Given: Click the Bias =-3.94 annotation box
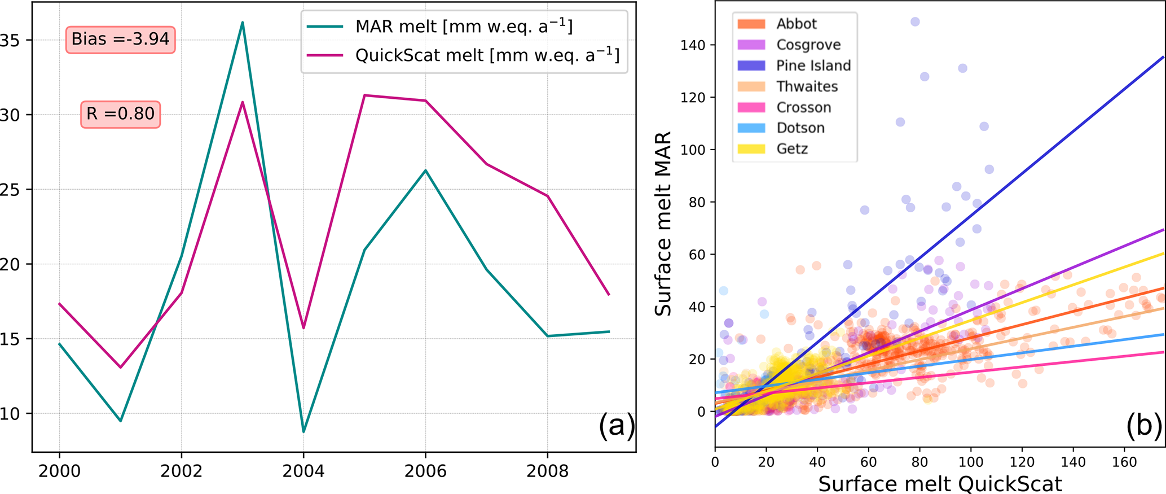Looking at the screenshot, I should pyautogui.click(x=120, y=39).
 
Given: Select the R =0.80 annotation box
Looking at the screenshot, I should pyautogui.click(x=120, y=114).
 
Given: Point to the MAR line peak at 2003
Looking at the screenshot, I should pyautogui.click(x=243, y=23).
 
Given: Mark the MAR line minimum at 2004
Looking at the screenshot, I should pyautogui.click(x=303, y=432).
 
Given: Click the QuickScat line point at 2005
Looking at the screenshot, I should pyautogui.click(x=364, y=95).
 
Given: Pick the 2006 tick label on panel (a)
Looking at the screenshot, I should pyautogui.click(x=425, y=471).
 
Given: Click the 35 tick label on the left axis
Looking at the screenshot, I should pyautogui.click(x=10, y=40).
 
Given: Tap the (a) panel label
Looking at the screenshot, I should pyautogui.click(x=616, y=425).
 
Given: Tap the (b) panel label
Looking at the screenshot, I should pyautogui.click(x=1143, y=425).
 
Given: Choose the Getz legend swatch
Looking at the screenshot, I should pyautogui.click(x=751, y=149).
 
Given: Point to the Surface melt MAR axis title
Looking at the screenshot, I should pyautogui.click(x=663, y=224).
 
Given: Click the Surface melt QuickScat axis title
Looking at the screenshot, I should pyautogui.click(x=940, y=484).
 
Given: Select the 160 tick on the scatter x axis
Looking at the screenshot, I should pyautogui.click(x=1124, y=462).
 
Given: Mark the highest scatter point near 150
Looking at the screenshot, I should pyautogui.click(x=915, y=22).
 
